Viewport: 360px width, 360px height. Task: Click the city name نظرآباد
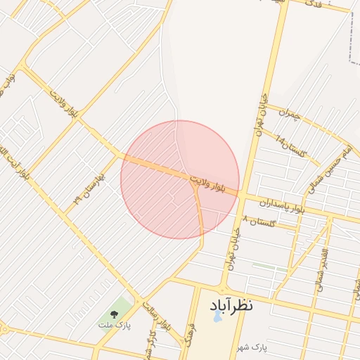pyautogui.click(x=231, y=306)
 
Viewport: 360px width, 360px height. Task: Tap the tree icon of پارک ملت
pyautogui.click(x=114, y=314)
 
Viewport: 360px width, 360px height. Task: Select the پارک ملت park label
pyautogui.click(x=114, y=326)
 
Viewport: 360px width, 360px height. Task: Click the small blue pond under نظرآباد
pyautogui.click(x=216, y=317)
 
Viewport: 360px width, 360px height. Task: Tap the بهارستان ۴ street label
pyautogui.click(x=88, y=188)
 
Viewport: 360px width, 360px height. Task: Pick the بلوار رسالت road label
pyautogui.click(x=157, y=315)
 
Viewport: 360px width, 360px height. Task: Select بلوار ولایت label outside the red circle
pyautogui.click(x=63, y=102)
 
